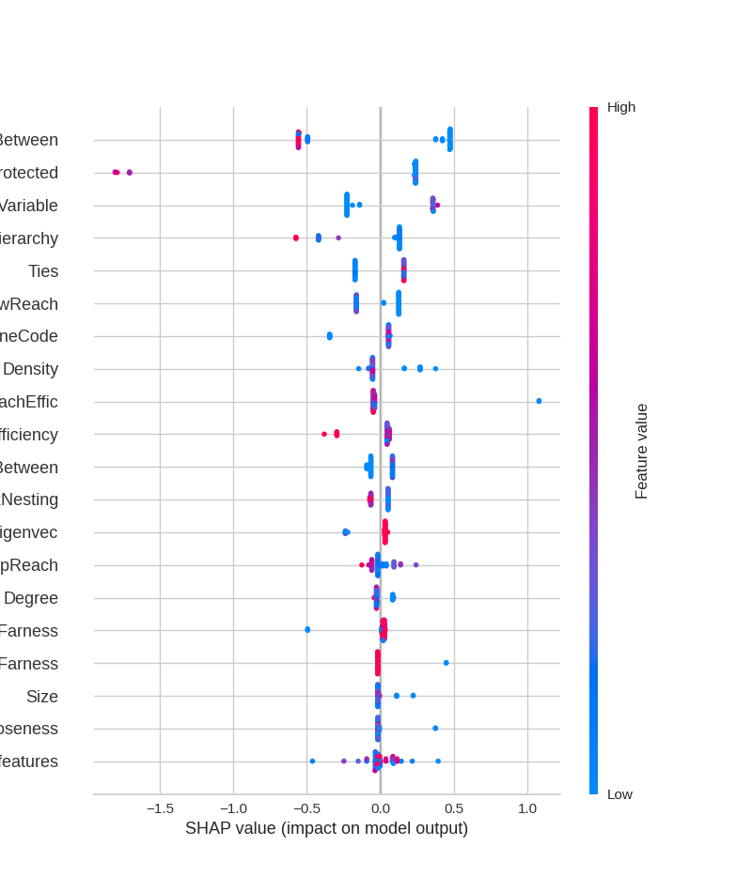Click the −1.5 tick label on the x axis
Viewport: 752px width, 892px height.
[160, 808]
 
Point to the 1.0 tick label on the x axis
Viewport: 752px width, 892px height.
[527, 808]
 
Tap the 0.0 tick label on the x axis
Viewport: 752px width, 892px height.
[381, 808]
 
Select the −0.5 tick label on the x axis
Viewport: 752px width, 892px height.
[306, 808]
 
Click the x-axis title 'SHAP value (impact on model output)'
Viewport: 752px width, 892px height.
[326, 828]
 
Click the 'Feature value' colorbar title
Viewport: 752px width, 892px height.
[642, 451]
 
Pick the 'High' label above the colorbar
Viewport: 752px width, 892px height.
[621, 107]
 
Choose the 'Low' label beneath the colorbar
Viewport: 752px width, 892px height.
[619, 794]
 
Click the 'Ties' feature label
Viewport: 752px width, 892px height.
[43, 271]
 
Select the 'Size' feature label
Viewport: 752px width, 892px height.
[42, 697]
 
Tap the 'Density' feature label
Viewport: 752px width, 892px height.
[30, 369]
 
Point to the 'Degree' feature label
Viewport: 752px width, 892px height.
[31, 598]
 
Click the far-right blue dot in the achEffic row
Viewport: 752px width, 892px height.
[539, 401]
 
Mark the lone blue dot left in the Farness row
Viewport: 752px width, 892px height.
[307, 630]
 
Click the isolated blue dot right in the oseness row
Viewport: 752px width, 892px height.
[435, 729]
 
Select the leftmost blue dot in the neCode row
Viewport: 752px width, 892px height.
[329, 336]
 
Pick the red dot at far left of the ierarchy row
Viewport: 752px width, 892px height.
[296, 238]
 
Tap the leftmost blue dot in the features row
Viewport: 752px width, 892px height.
[313, 761]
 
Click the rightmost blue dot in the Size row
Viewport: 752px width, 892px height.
[413, 696]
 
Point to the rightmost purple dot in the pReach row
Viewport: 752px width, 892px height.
[415, 565]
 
